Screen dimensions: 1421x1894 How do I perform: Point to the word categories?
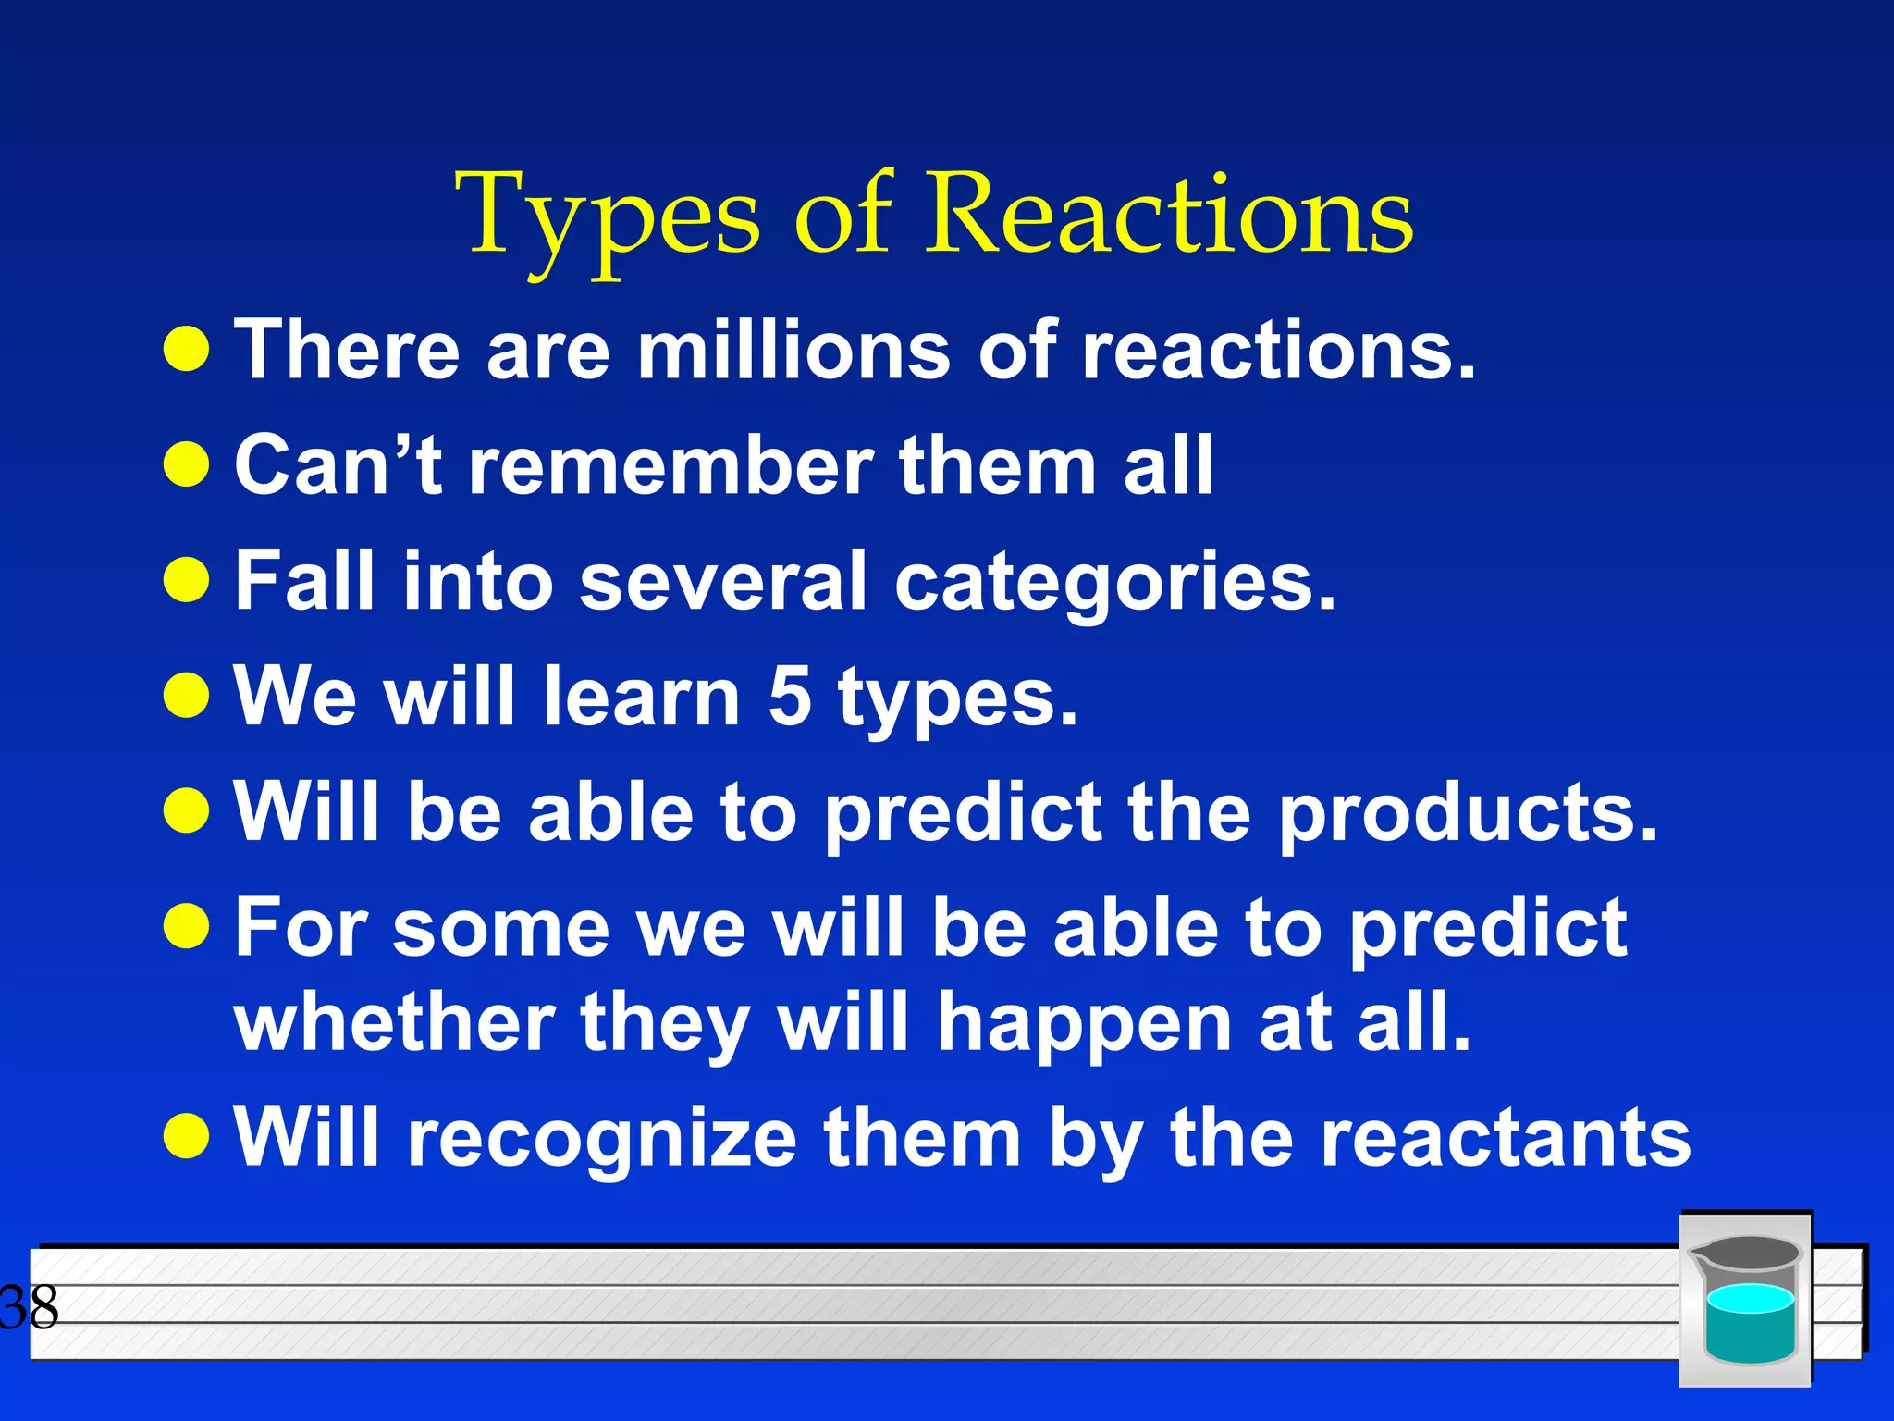click(1114, 584)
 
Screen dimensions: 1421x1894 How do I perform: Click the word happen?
click(1084, 1024)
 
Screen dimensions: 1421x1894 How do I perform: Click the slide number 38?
click(30, 1307)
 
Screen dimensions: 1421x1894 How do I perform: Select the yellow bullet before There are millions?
click(187, 350)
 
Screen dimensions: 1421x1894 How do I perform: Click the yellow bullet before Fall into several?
click(187, 580)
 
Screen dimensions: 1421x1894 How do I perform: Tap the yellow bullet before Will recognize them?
click(187, 1135)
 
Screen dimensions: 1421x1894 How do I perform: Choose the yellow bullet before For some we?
click(187, 926)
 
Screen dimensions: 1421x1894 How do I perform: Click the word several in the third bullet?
click(723, 582)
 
